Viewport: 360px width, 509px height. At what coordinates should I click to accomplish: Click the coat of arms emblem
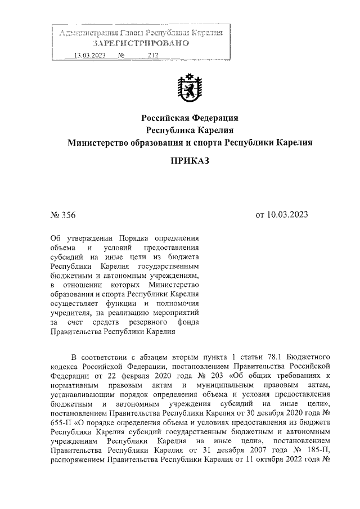click(189, 89)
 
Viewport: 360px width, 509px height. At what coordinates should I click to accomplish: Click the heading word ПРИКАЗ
click(190, 161)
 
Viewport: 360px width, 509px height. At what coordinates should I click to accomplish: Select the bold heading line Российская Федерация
click(190, 118)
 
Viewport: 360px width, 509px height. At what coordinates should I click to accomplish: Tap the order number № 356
click(63, 215)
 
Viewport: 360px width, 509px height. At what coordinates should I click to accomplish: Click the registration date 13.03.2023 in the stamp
click(90, 55)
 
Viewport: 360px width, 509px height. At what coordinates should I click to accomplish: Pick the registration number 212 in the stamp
click(152, 55)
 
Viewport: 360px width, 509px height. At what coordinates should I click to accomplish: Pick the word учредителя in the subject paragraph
click(71, 314)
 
